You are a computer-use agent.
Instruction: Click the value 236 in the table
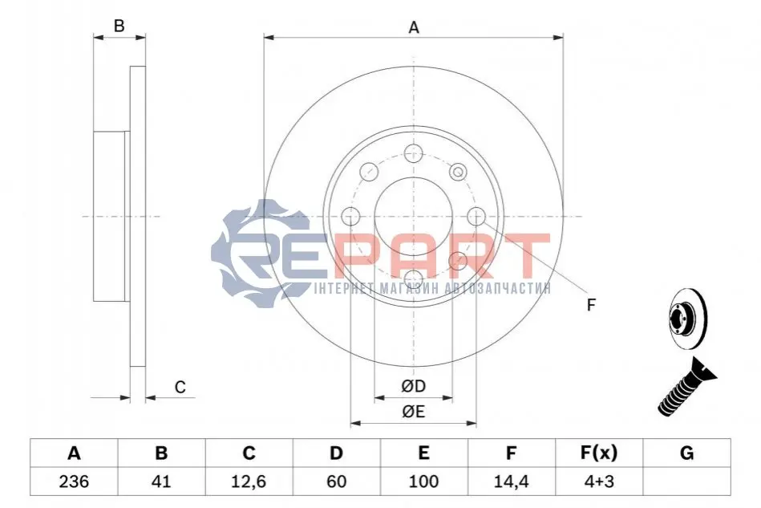pyautogui.click(x=74, y=482)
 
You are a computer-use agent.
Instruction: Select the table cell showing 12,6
pyautogui.click(x=249, y=482)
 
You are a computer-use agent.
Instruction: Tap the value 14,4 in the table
pyautogui.click(x=511, y=482)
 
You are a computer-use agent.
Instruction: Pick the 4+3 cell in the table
pyautogui.click(x=599, y=482)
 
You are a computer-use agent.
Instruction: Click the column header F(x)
pyautogui.click(x=599, y=453)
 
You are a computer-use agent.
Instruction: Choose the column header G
pyautogui.click(x=686, y=453)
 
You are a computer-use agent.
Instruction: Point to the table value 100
pyautogui.click(x=423, y=482)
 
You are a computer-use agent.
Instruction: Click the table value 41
pyautogui.click(x=161, y=482)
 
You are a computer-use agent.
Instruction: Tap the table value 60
pyautogui.click(x=336, y=482)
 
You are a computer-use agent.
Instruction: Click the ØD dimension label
pyautogui.click(x=414, y=386)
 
